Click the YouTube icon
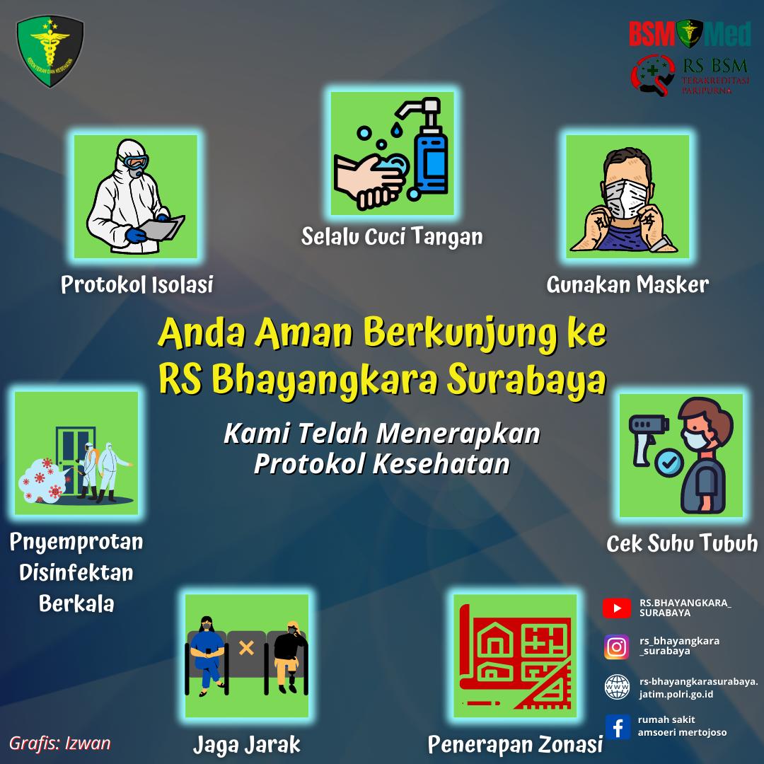pos(616,608)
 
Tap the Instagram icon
pos(616,647)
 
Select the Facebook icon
pos(618,727)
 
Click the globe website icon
pos(617,687)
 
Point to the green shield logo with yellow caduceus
pos(50,51)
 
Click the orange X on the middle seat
pos(246,647)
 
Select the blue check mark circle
pos(668,462)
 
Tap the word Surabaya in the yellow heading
pos(527,381)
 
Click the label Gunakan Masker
pos(627,284)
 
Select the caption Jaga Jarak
pos(247,744)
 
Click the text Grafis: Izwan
pos(60,743)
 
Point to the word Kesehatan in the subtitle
pos(441,463)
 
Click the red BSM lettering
pos(652,34)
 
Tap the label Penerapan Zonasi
pos(515,744)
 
